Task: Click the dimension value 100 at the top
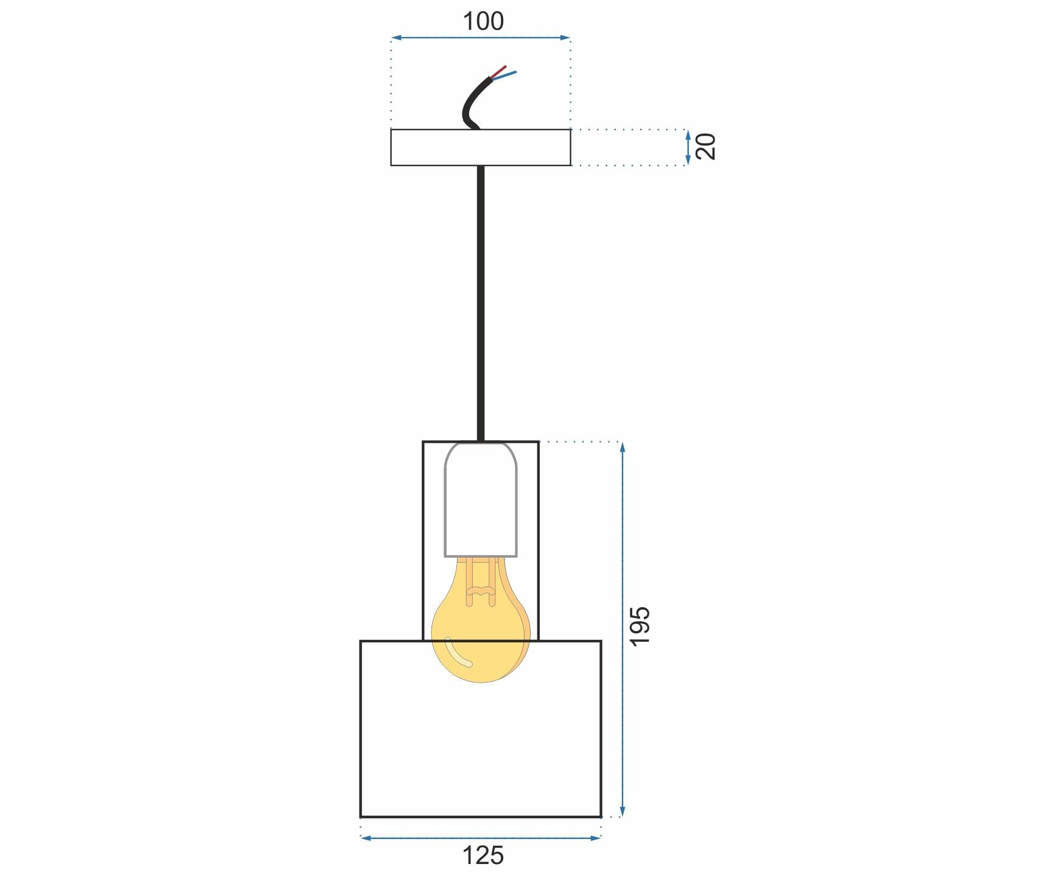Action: click(x=483, y=21)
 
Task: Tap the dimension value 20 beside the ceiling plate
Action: click(x=706, y=146)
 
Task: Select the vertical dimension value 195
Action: click(x=640, y=626)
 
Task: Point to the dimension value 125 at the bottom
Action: click(x=483, y=856)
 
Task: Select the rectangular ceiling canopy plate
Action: click(x=481, y=147)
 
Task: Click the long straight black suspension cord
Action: click(x=481, y=304)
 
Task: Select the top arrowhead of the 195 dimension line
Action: click(x=622, y=448)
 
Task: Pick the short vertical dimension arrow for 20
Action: click(x=688, y=147)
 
